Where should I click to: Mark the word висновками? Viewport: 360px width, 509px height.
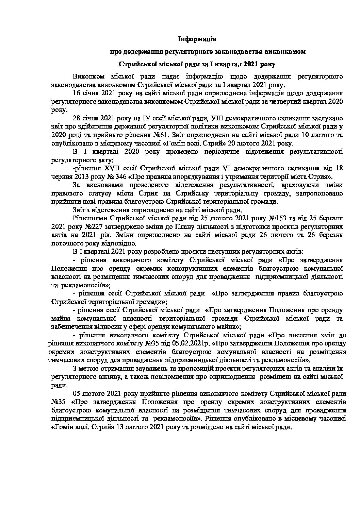click(100, 185)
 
